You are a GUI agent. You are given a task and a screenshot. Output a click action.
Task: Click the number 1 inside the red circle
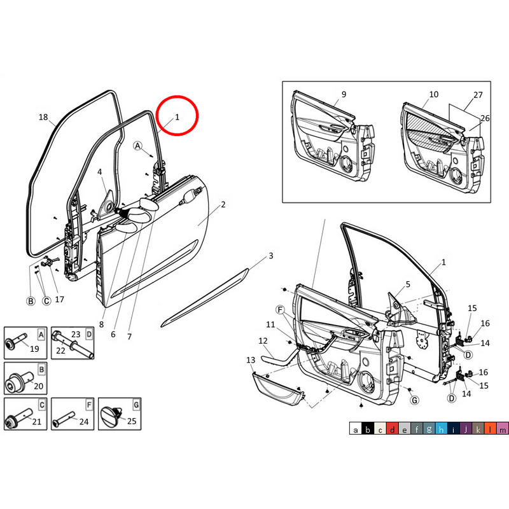(178, 117)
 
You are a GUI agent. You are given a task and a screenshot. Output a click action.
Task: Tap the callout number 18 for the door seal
(43, 117)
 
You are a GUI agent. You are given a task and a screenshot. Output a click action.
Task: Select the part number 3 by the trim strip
(270, 256)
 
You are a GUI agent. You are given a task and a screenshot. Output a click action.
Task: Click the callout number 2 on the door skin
(223, 205)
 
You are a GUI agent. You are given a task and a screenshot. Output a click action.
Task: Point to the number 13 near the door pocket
(250, 361)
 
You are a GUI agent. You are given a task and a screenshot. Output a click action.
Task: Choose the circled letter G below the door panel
(414, 400)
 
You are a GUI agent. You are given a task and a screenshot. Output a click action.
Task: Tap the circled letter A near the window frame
(137, 146)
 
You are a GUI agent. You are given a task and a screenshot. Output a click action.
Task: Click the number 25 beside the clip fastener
(132, 421)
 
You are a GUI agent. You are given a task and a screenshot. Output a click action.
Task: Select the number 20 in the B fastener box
(38, 386)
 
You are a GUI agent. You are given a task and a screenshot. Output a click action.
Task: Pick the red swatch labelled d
(393, 430)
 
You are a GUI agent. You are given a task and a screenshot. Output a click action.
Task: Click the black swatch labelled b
(367, 430)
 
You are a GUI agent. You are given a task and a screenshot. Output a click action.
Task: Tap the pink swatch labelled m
(503, 430)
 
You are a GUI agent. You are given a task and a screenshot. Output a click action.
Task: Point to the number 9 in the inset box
(344, 95)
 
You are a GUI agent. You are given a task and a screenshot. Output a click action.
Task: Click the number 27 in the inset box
(478, 95)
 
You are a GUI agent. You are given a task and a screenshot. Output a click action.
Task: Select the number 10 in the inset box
(434, 95)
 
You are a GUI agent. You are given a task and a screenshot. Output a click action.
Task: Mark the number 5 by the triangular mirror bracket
(408, 284)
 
